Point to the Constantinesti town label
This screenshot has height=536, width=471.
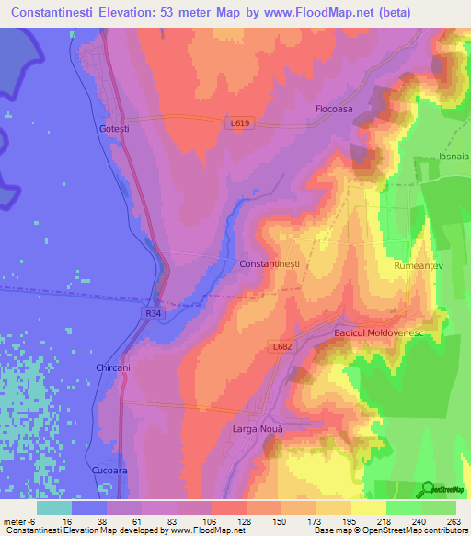(270, 264)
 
